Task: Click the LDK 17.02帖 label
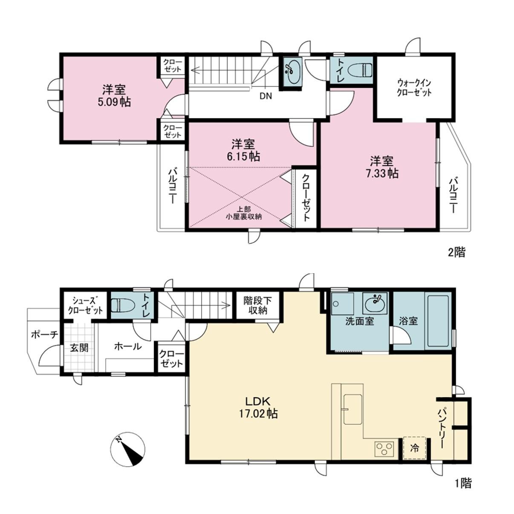pyautogui.click(x=258, y=407)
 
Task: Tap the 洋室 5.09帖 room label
pyautogui.click(x=114, y=95)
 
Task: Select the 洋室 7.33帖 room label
pyautogui.click(x=381, y=167)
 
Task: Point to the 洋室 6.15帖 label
pyautogui.click(x=243, y=150)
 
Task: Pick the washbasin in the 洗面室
pyautogui.click(x=374, y=304)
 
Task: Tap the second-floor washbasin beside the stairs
pyautogui.click(x=291, y=72)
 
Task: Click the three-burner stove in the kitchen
pyautogui.click(x=384, y=449)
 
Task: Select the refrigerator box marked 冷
pyautogui.click(x=414, y=448)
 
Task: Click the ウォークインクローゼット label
pyautogui.click(x=414, y=87)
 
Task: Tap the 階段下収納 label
pyautogui.click(x=257, y=306)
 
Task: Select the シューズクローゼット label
pyautogui.click(x=85, y=306)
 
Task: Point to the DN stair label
pyautogui.click(x=266, y=96)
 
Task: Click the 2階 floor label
pyautogui.click(x=456, y=252)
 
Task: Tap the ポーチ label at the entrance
pyautogui.click(x=45, y=334)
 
